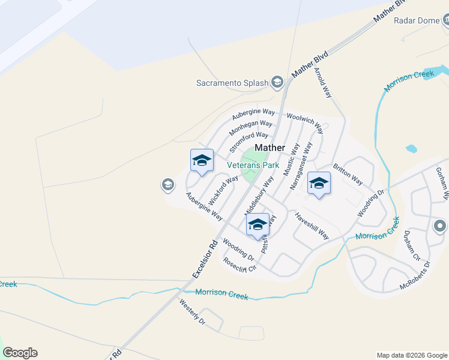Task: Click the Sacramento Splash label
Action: coord(232,83)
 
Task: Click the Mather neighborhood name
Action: coord(270,148)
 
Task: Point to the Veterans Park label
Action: coord(253,164)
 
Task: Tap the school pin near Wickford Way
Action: coord(202,161)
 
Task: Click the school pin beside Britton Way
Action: coord(319,184)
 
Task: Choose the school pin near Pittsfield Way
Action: coord(258,226)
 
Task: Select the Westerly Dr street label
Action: coord(192,312)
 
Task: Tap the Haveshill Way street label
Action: coord(312,226)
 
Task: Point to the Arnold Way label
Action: coord(323,82)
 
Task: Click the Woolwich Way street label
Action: coord(305,122)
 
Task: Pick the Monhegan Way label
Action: coord(250,128)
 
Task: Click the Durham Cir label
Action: coord(412,244)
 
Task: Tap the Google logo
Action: coord(20,353)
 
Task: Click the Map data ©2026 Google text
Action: coord(411,355)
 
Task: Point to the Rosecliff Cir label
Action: coord(240,265)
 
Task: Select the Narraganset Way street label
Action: coord(301,166)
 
